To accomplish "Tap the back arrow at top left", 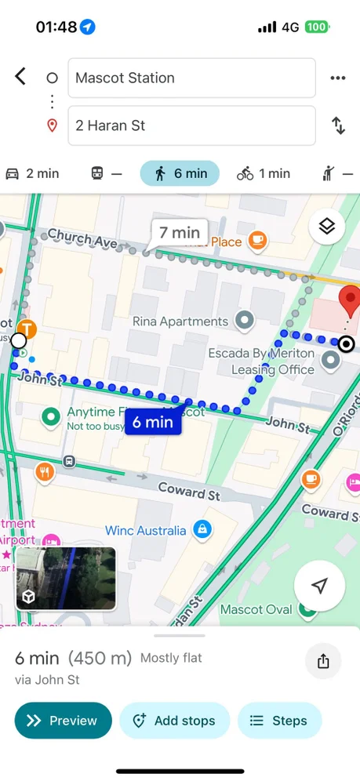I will (20, 76).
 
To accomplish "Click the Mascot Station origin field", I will (191, 78).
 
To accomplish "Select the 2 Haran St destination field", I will (191, 125).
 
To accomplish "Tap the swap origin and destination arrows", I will (338, 125).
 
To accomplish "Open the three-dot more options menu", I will (338, 78).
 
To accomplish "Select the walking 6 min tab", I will (180, 173).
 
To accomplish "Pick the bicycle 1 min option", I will (264, 173).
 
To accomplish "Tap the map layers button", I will (327, 227).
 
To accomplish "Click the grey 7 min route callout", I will (180, 232).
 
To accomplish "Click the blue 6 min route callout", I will (152, 422).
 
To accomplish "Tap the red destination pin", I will (349, 301).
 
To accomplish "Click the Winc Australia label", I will (146, 531).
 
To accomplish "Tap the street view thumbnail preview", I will (66, 578).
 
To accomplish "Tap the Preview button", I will (63, 721).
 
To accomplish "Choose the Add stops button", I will (174, 721).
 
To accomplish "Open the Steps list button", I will (279, 721).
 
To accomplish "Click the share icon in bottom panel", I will (323, 661).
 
